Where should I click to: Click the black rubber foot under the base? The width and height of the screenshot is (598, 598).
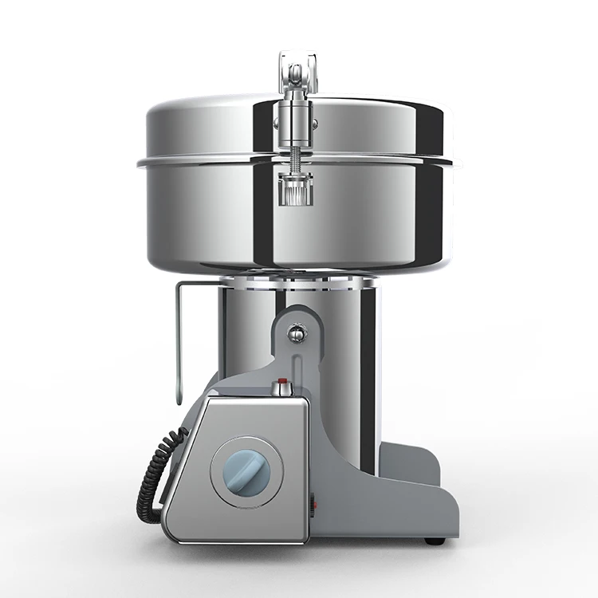tap(435, 541)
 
